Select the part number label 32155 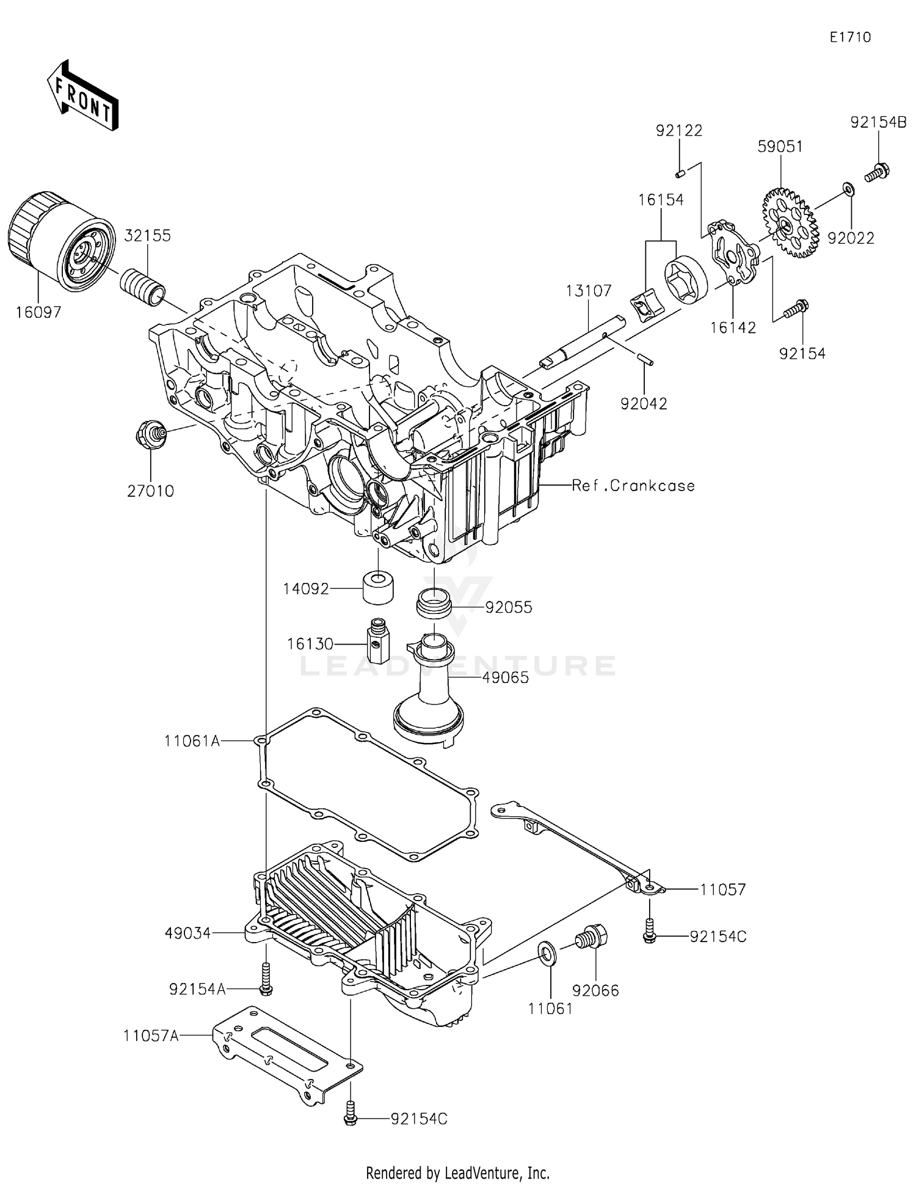coord(148,236)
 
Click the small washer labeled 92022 coord(848,189)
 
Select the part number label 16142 coord(733,328)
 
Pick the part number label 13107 coord(588,291)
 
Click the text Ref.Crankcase coord(633,486)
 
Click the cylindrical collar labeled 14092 coord(378,587)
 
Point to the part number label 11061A coord(192,741)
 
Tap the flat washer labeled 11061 coord(547,954)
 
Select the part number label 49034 coord(187,933)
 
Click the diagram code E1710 coord(850,37)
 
